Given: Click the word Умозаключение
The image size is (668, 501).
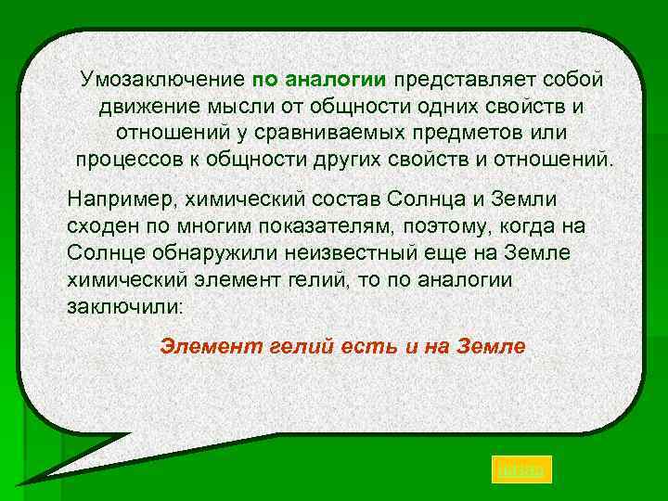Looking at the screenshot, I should point(162,79).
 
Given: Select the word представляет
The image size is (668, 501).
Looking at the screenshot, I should point(464,79).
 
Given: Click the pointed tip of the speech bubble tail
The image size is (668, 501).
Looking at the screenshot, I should point(20,482).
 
